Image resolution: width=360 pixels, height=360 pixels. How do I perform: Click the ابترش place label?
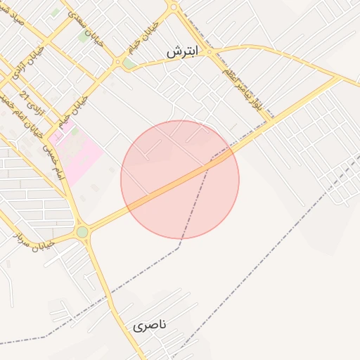coord(182,53)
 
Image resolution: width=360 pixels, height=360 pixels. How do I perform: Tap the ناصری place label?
coord(150,326)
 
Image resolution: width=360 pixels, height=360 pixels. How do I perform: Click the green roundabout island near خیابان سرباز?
coord(82,232)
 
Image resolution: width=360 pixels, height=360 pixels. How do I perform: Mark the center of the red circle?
coord(180,179)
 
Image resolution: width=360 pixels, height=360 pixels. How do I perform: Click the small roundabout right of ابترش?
coord(209,51)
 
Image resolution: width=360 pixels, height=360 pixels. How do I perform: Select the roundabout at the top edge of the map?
coord(173,7)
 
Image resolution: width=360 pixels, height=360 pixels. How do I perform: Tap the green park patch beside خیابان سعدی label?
coord(84,36)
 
